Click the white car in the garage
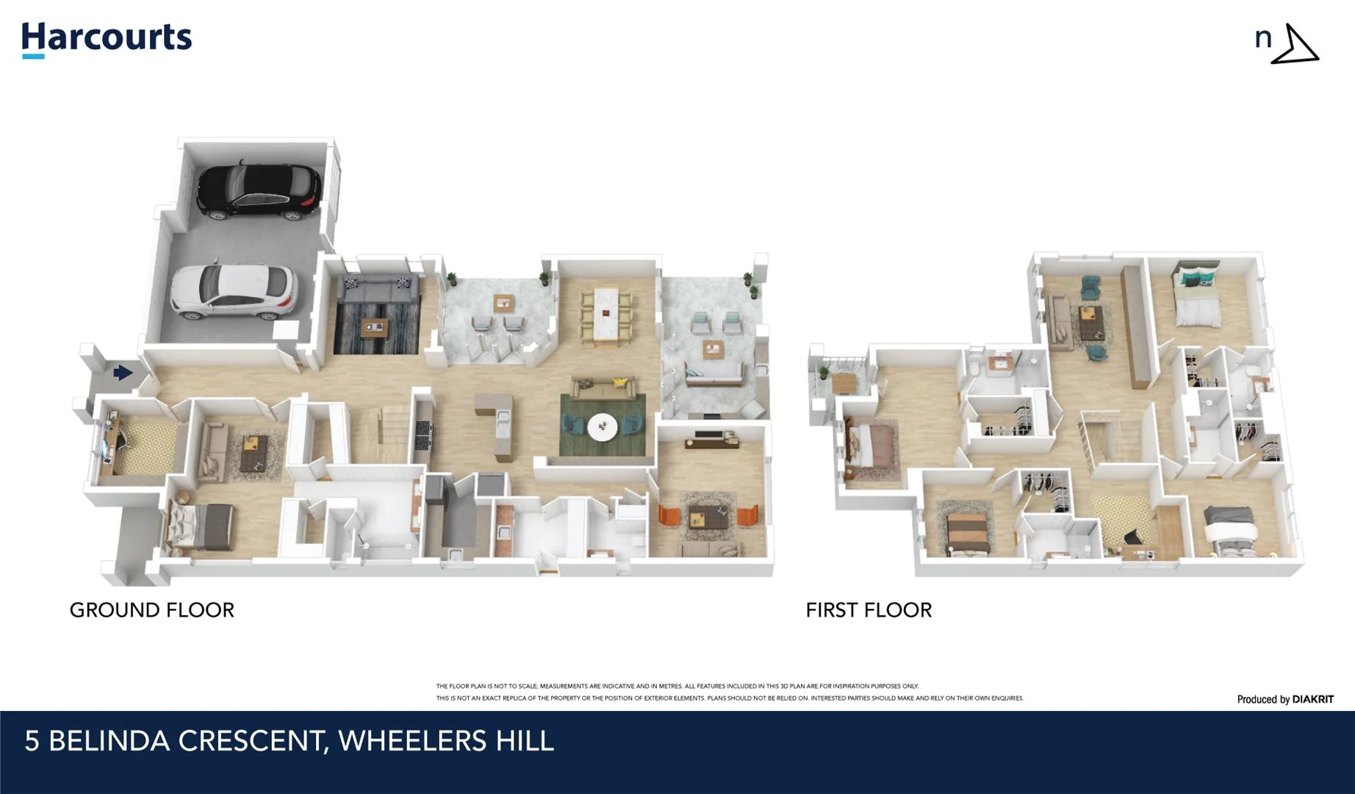(x=234, y=292)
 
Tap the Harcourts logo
(x=107, y=39)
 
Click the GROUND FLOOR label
(x=151, y=609)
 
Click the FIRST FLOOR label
(x=868, y=609)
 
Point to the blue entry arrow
(x=123, y=373)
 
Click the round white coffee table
(x=603, y=426)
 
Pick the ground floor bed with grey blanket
(x=202, y=526)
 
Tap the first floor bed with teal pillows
(x=1197, y=298)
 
